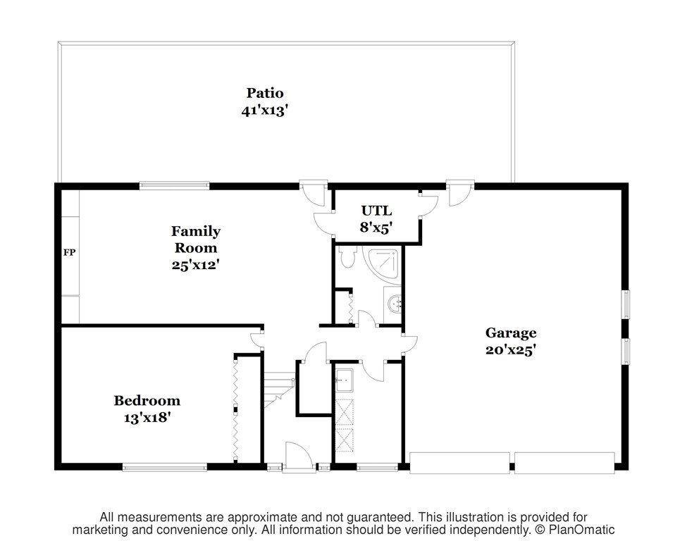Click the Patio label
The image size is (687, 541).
[x=265, y=93]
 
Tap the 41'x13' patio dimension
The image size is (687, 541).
[x=264, y=110]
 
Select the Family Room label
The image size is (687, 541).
[x=196, y=240]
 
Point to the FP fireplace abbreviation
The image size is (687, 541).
[x=69, y=252]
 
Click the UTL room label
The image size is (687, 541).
[x=376, y=211]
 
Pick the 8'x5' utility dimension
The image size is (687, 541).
[x=376, y=228]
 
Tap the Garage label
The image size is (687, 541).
[x=511, y=333]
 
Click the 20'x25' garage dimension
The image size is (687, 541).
[x=511, y=349]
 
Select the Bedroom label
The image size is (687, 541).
[x=147, y=400]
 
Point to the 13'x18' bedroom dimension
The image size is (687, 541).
[x=147, y=418]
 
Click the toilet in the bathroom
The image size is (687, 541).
[x=348, y=257]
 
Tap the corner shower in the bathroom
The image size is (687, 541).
[x=382, y=263]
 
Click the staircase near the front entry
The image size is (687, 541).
[x=278, y=389]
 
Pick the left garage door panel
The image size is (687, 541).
[x=459, y=463]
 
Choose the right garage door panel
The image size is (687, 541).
[x=564, y=463]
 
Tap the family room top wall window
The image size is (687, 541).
[x=174, y=186]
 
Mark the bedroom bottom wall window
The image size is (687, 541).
[x=164, y=467]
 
